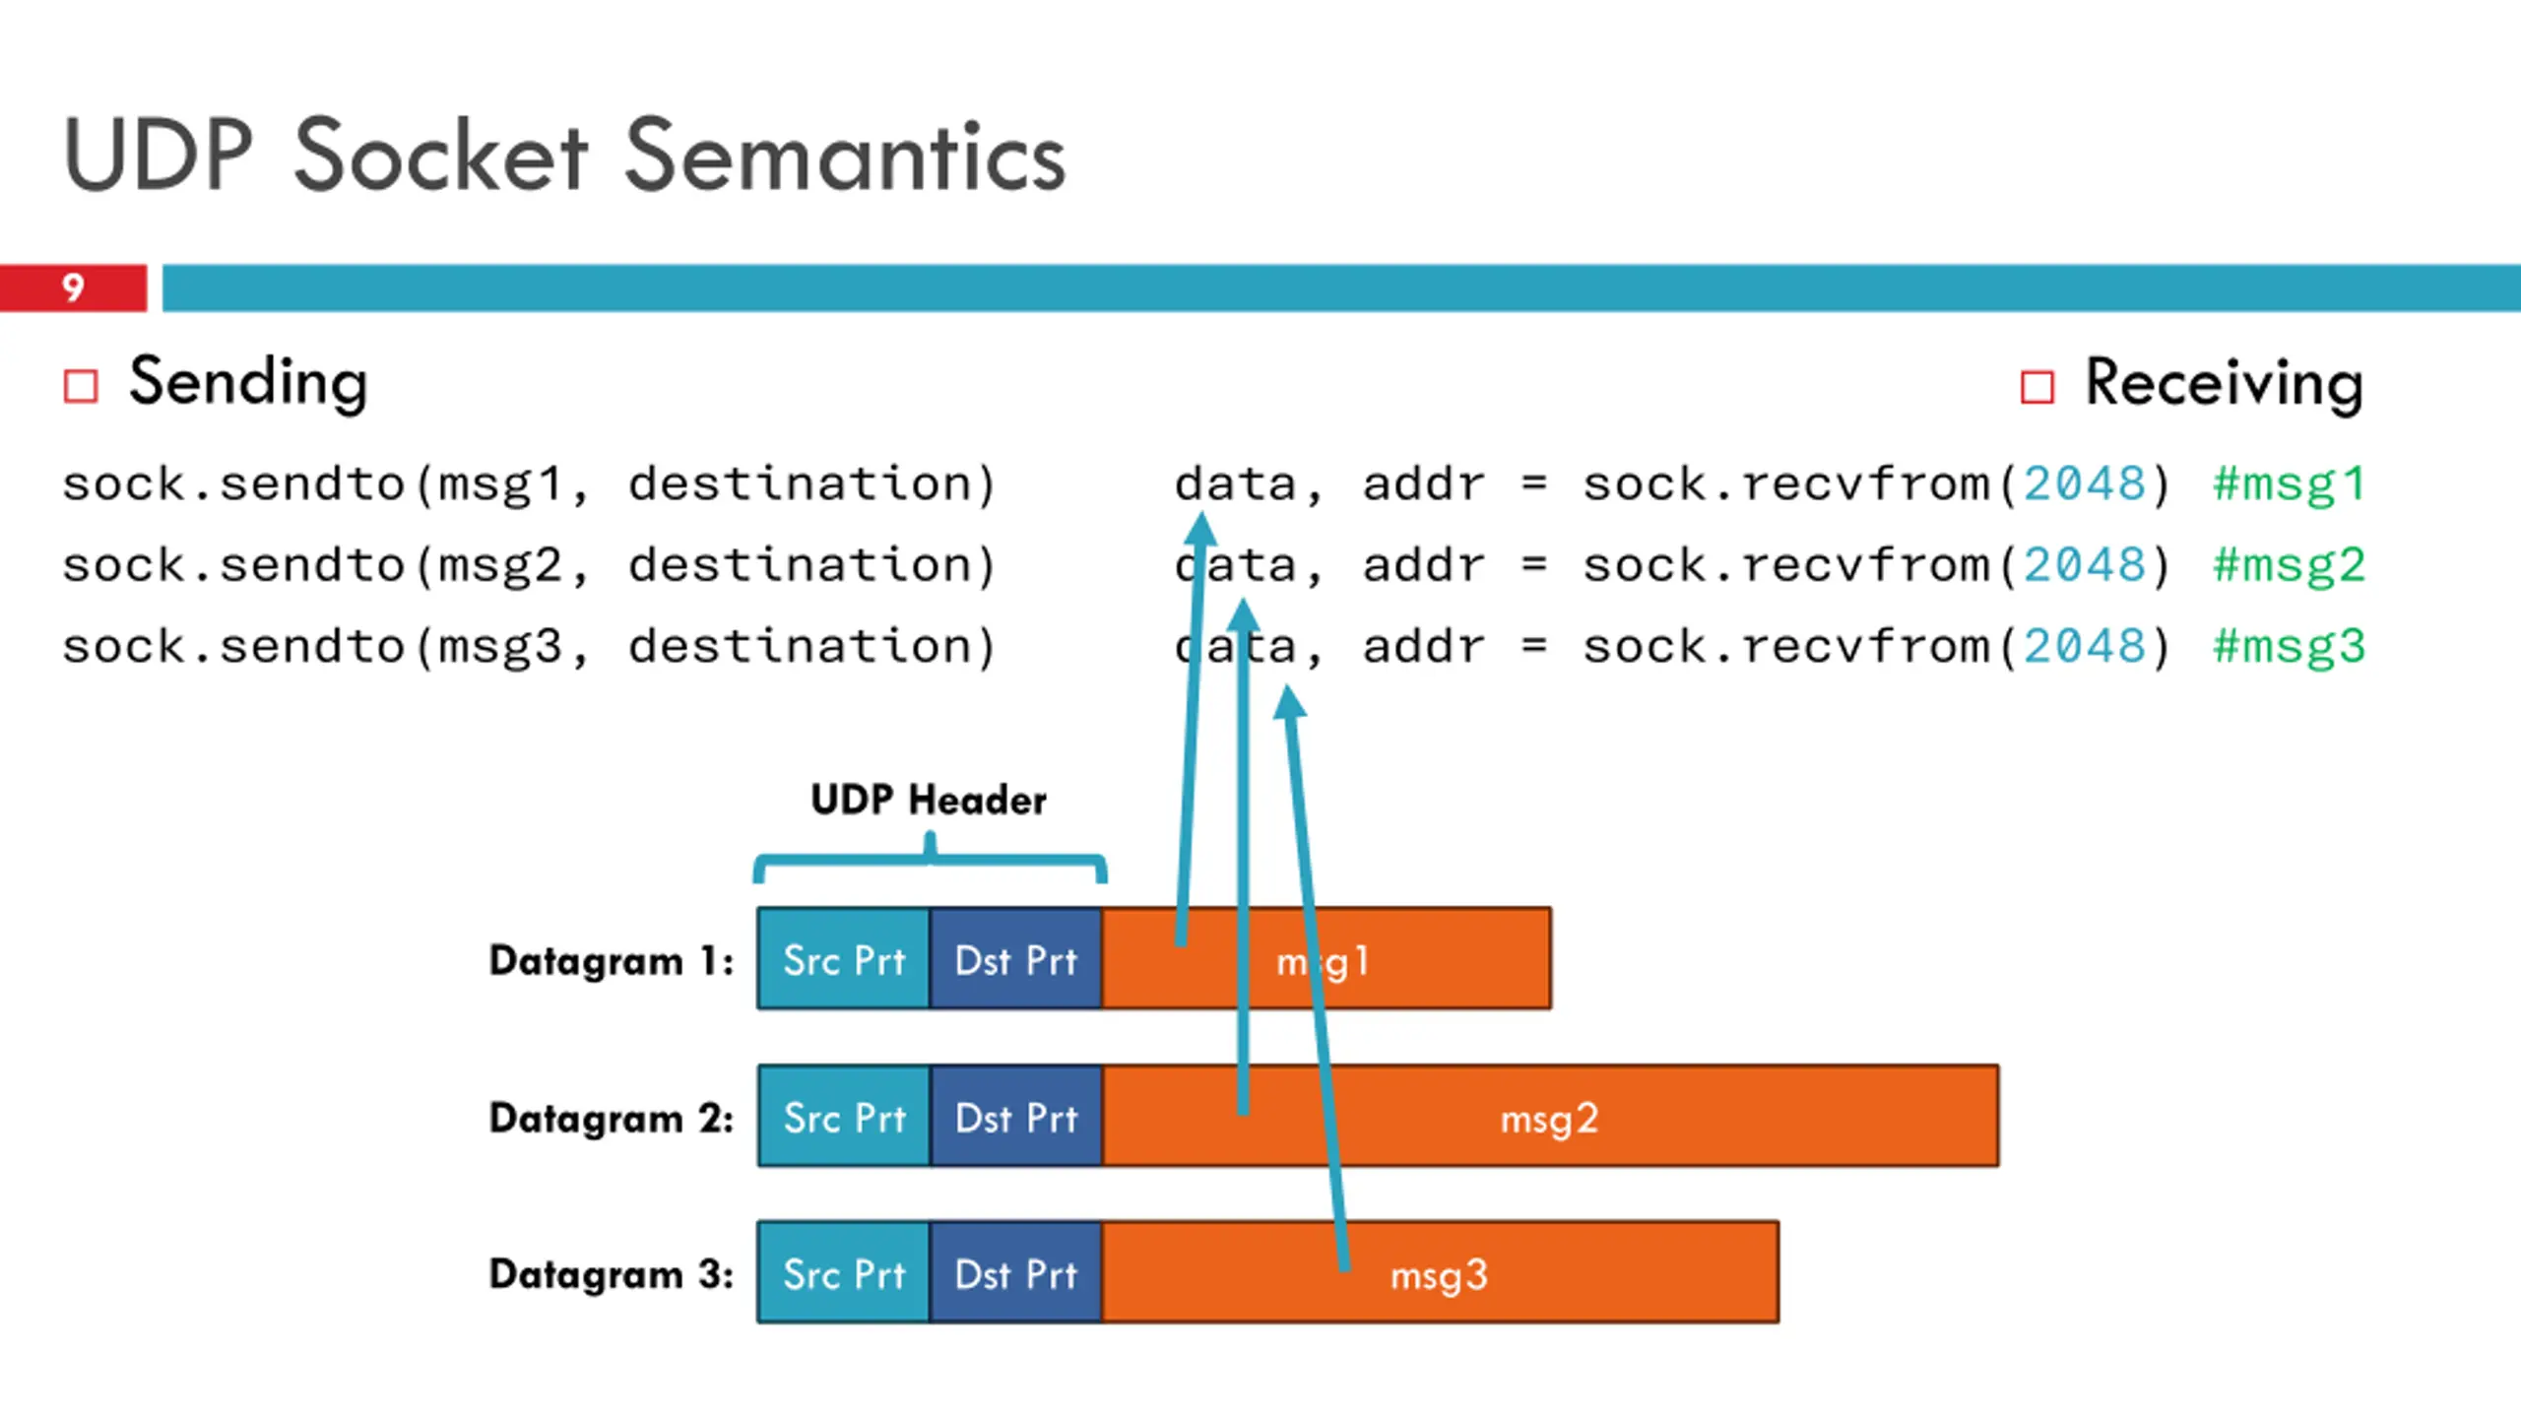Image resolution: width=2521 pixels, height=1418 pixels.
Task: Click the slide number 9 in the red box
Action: click(73, 288)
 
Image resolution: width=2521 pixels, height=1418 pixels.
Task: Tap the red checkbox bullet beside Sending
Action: click(81, 386)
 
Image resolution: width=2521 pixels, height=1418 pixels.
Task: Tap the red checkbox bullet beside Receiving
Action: click(2037, 387)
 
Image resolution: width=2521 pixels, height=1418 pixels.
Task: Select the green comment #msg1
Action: click(2289, 484)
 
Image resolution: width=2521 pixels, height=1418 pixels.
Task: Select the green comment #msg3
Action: click(2289, 647)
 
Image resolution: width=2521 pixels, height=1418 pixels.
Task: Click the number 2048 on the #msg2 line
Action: click(2084, 565)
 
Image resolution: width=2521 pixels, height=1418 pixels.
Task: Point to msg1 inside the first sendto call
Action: click(499, 484)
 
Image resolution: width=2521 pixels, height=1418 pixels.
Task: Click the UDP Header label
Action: click(929, 800)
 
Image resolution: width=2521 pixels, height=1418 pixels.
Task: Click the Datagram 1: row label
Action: click(612, 960)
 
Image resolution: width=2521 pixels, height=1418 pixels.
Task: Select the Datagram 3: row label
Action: click(612, 1274)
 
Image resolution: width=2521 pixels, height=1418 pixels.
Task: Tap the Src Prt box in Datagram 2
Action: click(844, 1117)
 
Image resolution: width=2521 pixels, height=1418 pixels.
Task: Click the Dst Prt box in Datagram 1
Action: click(1016, 959)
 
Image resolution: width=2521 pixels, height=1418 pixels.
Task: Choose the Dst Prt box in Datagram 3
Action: click(1016, 1273)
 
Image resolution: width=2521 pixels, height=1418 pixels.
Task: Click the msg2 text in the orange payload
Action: click(1549, 1120)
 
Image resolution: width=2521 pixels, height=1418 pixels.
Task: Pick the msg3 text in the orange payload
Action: click(1439, 1276)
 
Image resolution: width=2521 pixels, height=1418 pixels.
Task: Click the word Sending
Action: click(248, 383)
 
